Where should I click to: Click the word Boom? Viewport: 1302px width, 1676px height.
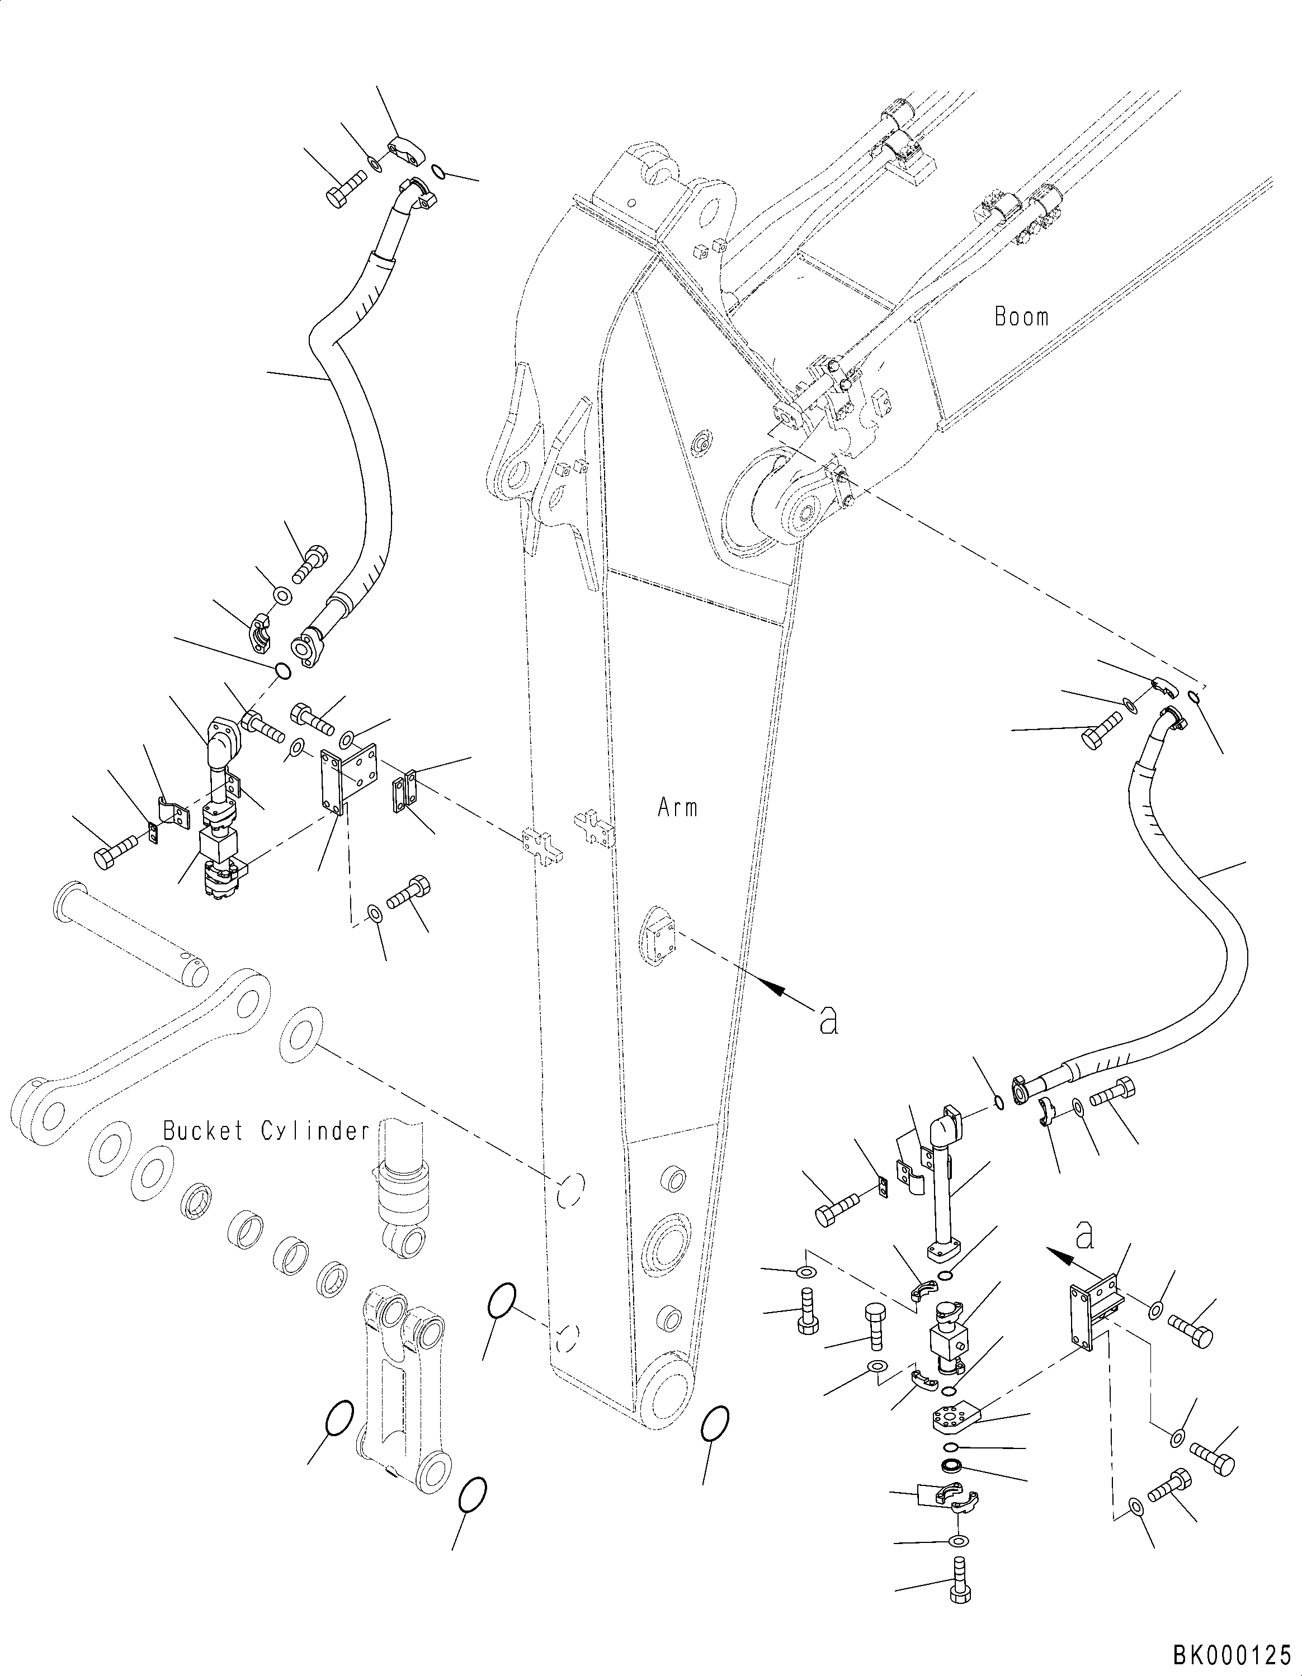[x=1021, y=316]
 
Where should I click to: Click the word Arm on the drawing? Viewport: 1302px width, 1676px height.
[x=678, y=807]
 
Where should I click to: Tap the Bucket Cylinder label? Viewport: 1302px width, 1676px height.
[x=266, y=1130]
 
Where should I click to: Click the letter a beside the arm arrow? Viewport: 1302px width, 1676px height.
[x=828, y=1019]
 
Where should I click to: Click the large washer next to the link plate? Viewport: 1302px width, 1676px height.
[x=301, y=1035]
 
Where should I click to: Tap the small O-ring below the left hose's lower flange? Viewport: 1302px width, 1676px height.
[x=282, y=671]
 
